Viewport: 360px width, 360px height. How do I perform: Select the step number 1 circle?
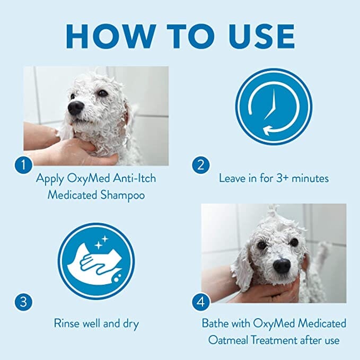pos(23,165)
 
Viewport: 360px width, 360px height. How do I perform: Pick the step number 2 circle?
pos(200,165)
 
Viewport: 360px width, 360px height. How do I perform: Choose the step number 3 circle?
pos(23,303)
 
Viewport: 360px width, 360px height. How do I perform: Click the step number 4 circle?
pos(200,303)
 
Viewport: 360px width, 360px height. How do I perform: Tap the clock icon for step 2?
pos(274,106)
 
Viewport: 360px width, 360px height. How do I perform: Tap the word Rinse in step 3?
pos(67,323)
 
